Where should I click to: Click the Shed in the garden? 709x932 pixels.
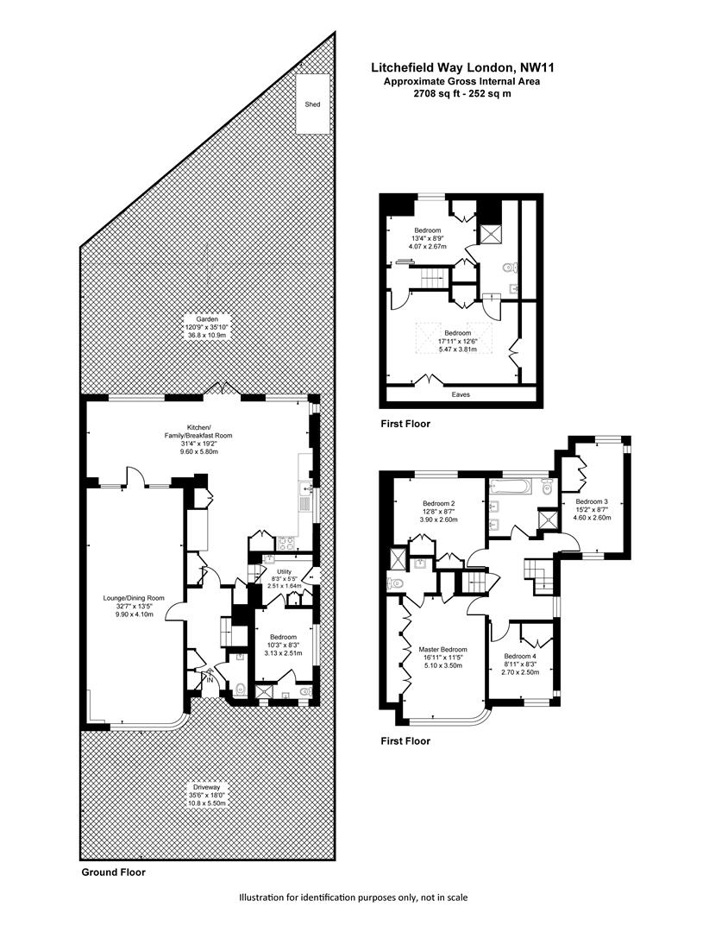[312, 104]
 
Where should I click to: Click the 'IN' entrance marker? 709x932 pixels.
[207, 679]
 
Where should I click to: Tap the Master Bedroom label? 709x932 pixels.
[442, 650]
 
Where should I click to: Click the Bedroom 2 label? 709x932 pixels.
[438, 503]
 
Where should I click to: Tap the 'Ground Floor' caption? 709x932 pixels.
[113, 872]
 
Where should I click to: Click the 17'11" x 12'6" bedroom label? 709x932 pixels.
[457, 333]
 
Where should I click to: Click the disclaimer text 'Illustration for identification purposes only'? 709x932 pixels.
[354, 898]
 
